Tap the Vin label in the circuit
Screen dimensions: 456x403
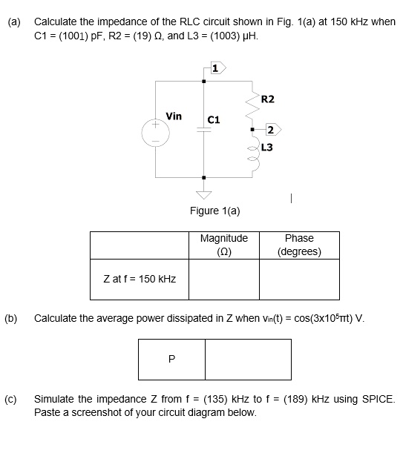[174, 116]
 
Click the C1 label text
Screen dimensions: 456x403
[214, 119]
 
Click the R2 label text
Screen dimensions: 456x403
[268, 99]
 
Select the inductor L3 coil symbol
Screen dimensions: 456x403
[252, 155]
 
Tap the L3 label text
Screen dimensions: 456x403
[266, 148]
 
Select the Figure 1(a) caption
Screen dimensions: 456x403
[214, 211]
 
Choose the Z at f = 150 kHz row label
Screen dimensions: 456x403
[140, 279]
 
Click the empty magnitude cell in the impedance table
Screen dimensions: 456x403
[224, 279]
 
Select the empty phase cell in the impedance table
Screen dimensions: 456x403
[299, 279]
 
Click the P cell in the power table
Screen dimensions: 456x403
[172, 359]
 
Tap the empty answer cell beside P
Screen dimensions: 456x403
[237, 359]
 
